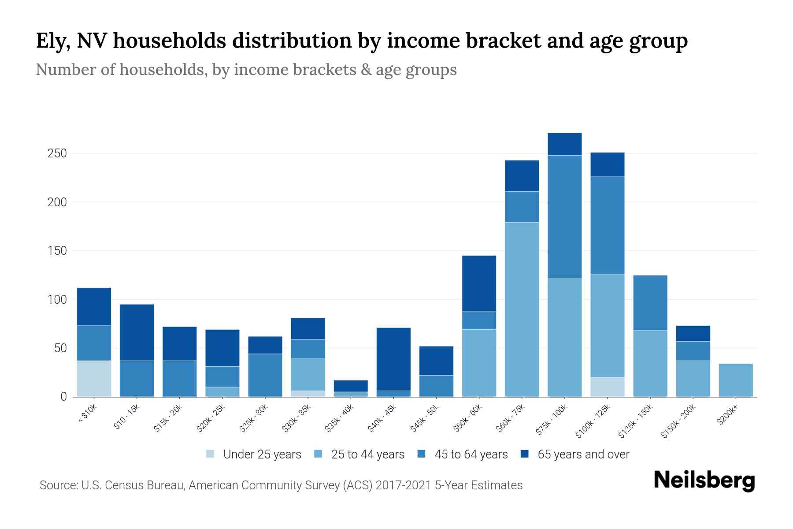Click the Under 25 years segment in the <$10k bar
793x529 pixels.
tap(94, 379)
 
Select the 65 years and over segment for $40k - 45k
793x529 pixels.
tap(393, 358)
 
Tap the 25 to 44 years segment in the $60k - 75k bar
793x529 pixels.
tap(522, 309)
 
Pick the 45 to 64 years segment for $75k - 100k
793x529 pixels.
tap(564, 216)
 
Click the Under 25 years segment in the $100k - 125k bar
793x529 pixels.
tap(607, 387)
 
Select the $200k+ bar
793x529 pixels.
tap(735, 380)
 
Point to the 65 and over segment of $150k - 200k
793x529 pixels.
tap(693, 333)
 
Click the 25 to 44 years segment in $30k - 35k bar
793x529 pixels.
tap(308, 375)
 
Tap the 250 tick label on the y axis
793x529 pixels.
tap(57, 153)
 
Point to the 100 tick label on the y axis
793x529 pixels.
tap(57, 300)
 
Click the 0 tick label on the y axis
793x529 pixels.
tap(63, 397)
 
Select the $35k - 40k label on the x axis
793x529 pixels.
tap(340, 418)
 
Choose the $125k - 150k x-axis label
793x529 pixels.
tap(635, 421)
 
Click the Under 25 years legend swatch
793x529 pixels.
tap(211, 454)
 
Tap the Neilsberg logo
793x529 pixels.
tap(704, 481)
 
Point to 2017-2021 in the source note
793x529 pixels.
tap(403, 485)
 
